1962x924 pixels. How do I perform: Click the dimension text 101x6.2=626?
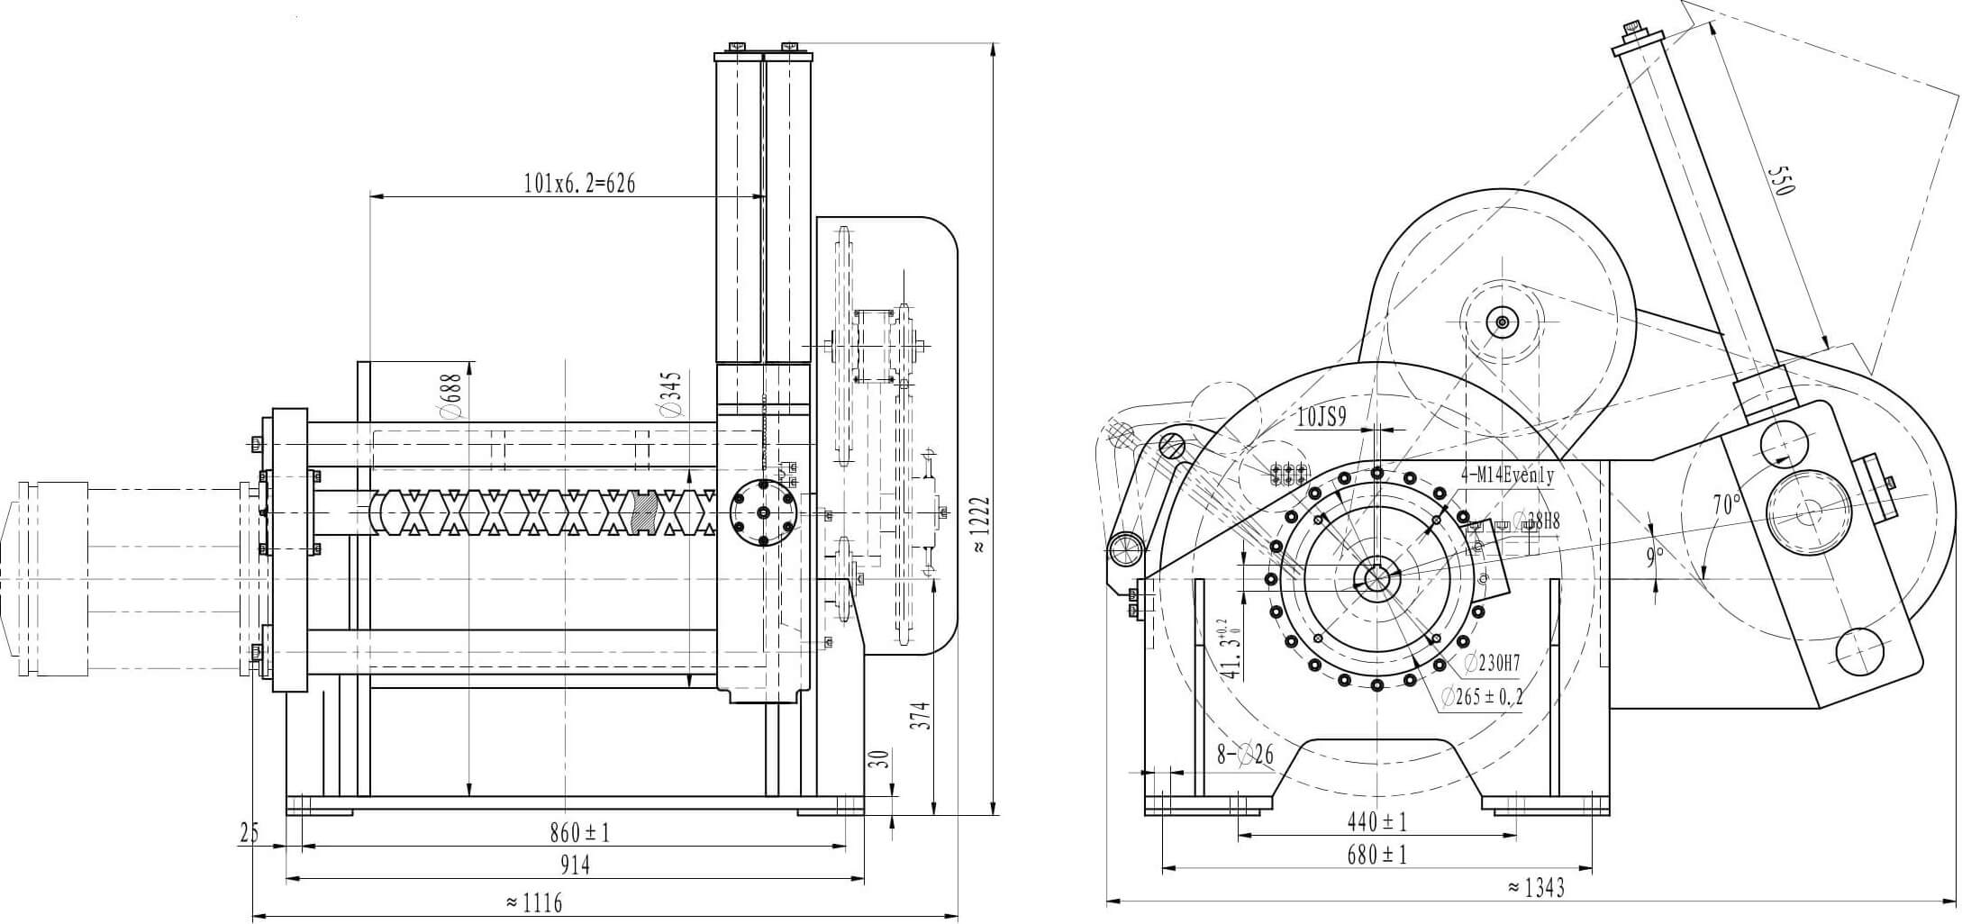(x=578, y=185)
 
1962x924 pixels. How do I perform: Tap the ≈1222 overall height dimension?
(x=981, y=526)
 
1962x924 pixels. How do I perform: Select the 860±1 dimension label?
(x=579, y=833)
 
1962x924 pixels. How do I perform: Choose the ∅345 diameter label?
(x=670, y=395)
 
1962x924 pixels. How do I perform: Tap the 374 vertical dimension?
(x=919, y=715)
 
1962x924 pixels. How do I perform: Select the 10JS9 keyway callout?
(x=1321, y=416)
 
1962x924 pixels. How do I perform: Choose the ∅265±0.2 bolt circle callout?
(x=1481, y=696)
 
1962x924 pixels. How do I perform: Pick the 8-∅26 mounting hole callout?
(x=1245, y=754)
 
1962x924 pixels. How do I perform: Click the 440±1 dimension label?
(x=1376, y=821)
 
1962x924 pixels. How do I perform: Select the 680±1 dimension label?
(x=1376, y=854)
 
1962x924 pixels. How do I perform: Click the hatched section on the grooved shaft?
(x=645, y=512)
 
